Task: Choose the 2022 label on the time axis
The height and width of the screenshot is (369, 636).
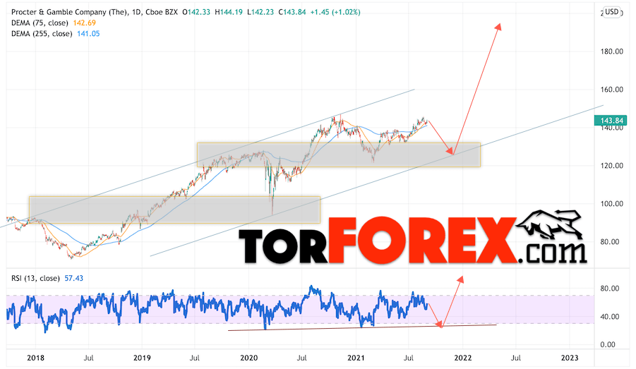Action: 462,358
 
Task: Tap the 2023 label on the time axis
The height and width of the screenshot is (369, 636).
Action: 570,358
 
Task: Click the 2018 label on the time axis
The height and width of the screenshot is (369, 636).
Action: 35,358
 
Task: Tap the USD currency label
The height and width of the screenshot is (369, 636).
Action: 612,12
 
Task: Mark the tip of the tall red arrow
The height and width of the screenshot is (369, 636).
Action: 499,25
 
